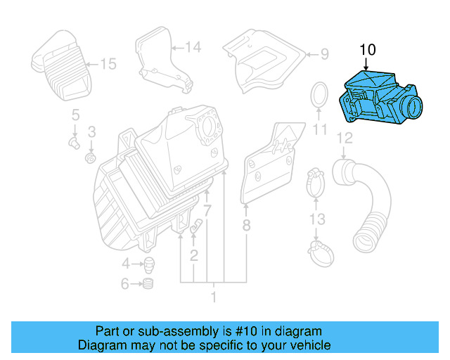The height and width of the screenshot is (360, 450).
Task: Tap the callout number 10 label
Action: point(367,50)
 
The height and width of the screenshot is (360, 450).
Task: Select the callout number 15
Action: point(107,65)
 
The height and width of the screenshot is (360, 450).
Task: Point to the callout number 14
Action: point(193,47)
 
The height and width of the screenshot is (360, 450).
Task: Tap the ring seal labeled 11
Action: point(319,96)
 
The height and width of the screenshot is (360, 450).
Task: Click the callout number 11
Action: point(321,130)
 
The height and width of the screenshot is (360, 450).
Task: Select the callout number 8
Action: point(246,226)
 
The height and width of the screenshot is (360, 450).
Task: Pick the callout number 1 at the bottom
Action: point(214,298)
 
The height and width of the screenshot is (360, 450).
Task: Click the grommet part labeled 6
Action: point(148,284)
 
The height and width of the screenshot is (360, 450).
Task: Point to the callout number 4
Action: point(125,264)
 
